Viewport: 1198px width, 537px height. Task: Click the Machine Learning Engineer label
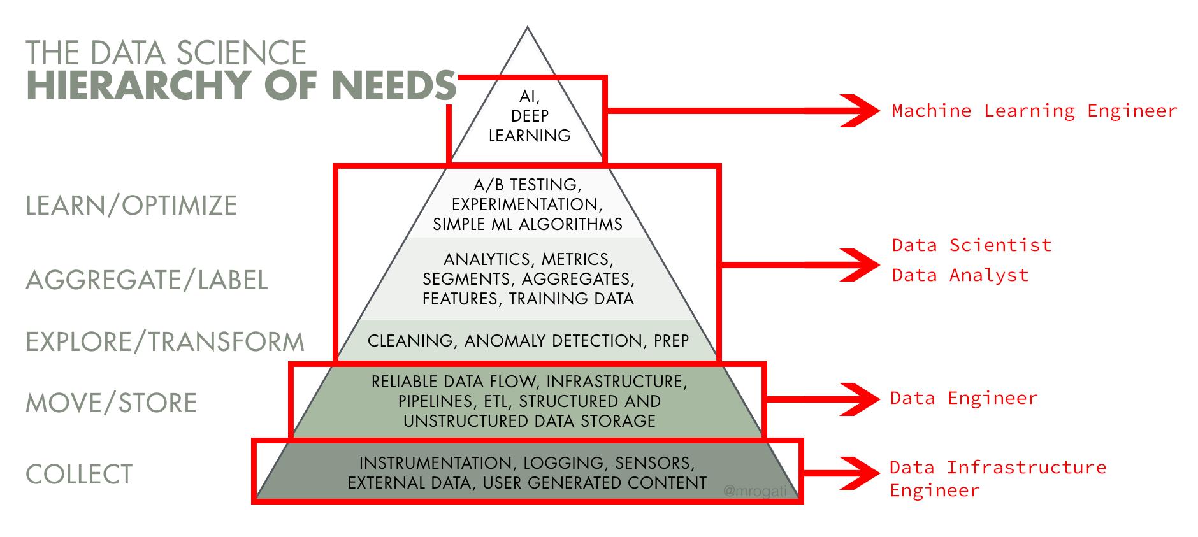click(x=1034, y=111)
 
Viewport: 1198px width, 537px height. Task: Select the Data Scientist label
click(x=971, y=245)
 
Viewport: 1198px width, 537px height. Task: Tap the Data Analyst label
click(x=960, y=275)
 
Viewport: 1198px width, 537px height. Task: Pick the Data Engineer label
click(x=963, y=398)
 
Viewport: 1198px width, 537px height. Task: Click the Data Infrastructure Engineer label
click(x=997, y=478)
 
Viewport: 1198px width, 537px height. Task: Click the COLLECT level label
click(x=79, y=475)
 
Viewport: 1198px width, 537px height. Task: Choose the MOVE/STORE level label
click(x=111, y=403)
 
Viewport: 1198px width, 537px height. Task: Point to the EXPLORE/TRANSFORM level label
click(x=164, y=342)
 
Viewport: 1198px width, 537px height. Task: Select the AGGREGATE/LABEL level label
click(x=147, y=280)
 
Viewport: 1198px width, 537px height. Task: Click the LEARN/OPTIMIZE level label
click(x=131, y=206)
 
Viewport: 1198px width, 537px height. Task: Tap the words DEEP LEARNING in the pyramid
click(x=530, y=125)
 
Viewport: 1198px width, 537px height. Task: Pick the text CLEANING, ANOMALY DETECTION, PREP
click(x=528, y=341)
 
